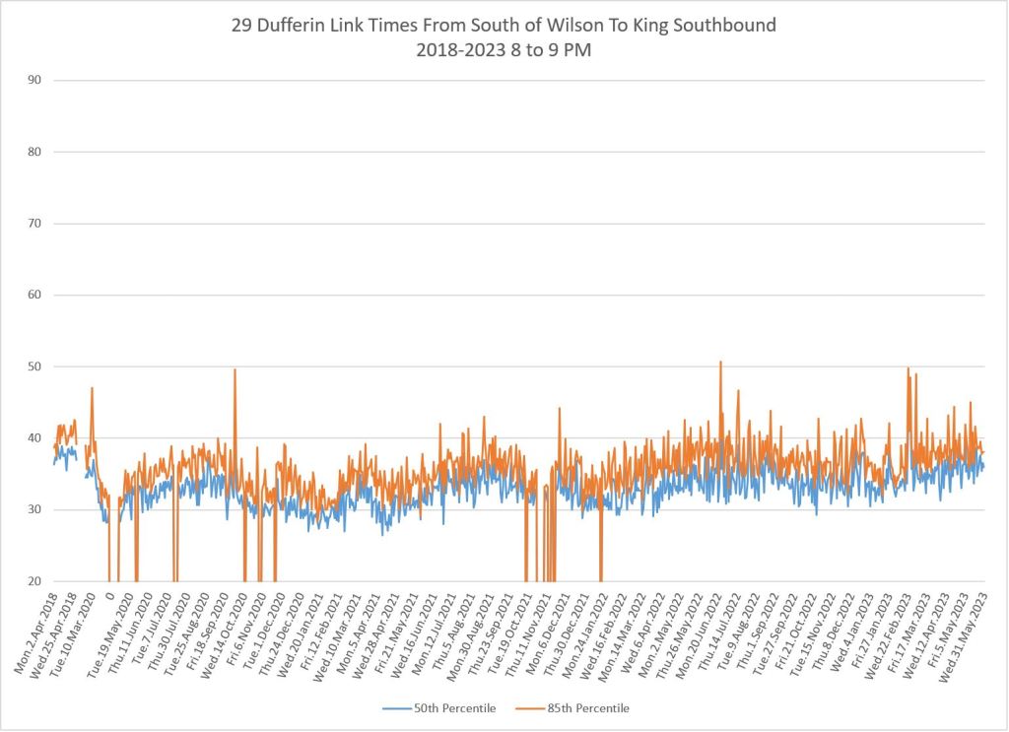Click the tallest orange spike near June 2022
[720, 362]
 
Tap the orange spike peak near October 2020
[235, 369]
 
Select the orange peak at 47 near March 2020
[92, 388]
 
